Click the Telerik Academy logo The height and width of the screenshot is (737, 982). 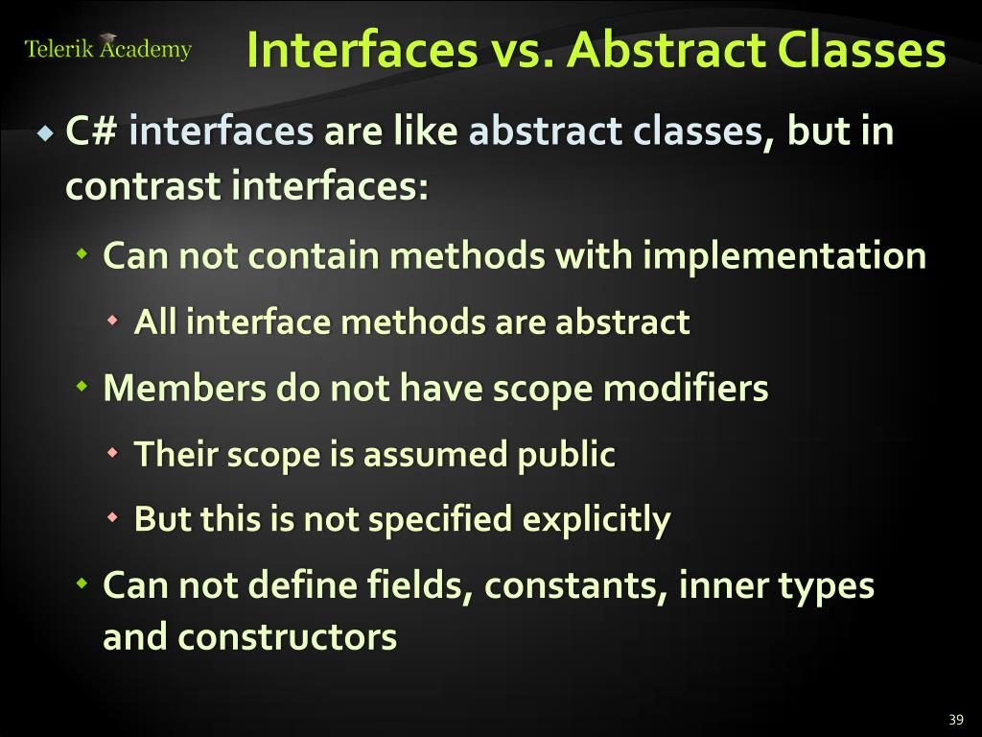(x=107, y=48)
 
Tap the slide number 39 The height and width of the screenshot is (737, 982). (x=954, y=721)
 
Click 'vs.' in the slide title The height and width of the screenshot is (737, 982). (x=524, y=51)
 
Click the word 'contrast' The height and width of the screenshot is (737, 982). (x=143, y=185)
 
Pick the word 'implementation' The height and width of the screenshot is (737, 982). (x=783, y=256)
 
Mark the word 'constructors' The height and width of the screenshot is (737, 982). (x=287, y=637)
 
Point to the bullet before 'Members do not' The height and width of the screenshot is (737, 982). (x=83, y=388)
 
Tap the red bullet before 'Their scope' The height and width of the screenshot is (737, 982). (x=114, y=453)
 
